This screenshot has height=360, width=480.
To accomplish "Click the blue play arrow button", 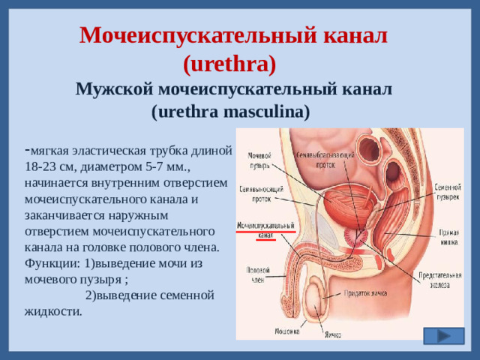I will (442, 336).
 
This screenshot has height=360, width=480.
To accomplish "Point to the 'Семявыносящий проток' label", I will (256, 194).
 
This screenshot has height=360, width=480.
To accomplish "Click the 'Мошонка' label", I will (286, 330).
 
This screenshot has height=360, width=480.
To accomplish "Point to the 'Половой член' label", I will (253, 272).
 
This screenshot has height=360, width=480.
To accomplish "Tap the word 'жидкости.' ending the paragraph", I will (53, 311).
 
